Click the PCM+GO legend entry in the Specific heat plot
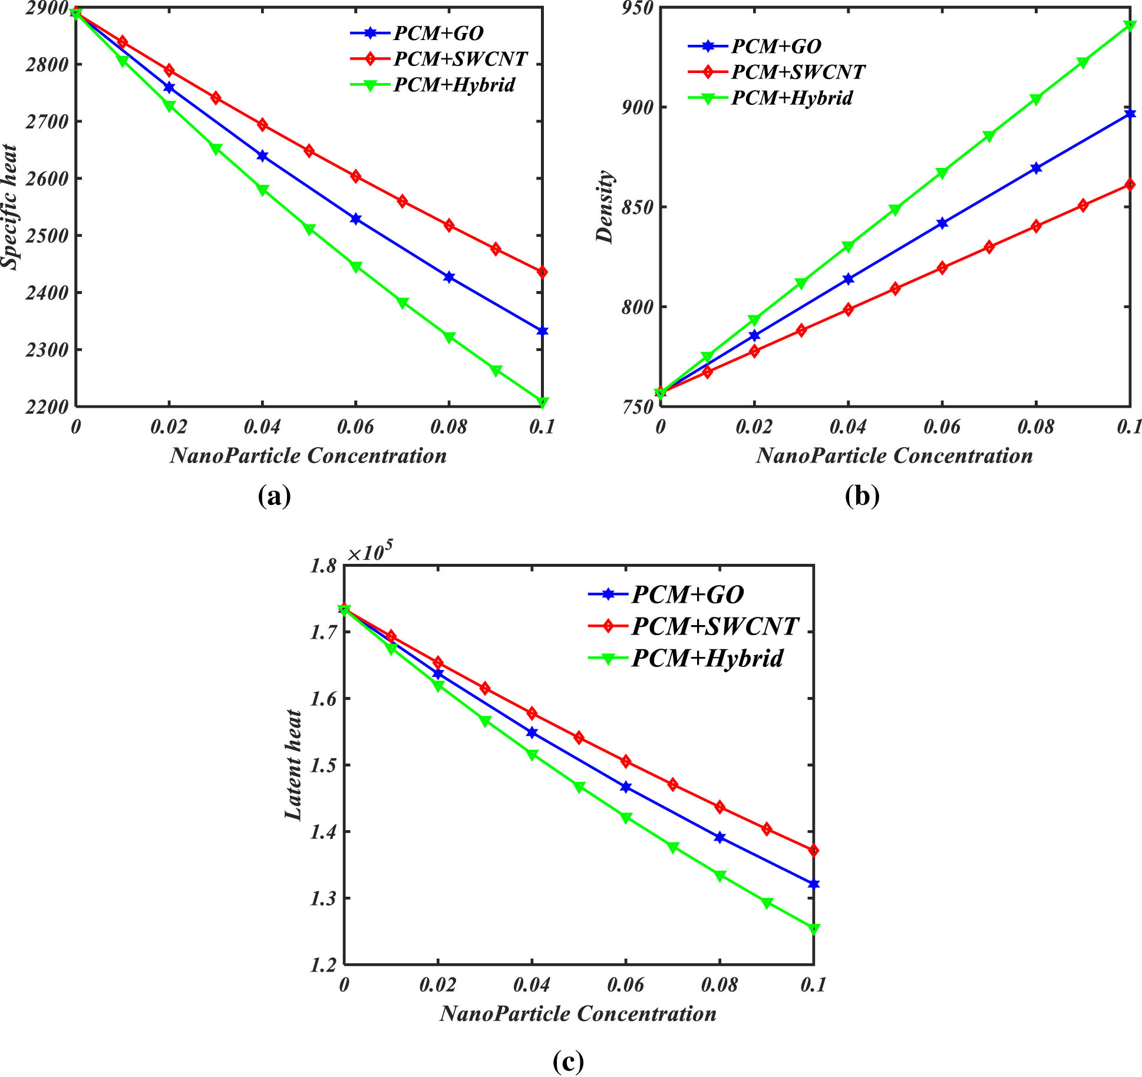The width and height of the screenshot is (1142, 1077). (x=438, y=34)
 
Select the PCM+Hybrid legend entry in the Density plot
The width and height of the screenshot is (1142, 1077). (x=791, y=98)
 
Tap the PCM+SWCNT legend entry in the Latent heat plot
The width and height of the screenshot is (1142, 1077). (x=714, y=626)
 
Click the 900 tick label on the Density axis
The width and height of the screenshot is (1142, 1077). (x=638, y=108)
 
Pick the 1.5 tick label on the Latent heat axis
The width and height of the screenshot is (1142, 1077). (x=324, y=765)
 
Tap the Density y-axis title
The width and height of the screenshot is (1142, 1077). (x=605, y=207)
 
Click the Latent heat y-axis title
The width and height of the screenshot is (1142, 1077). (x=293, y=764)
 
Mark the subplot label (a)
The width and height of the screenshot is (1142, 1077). (x=275, y=496)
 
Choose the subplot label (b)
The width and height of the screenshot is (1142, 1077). (x=862, y=496)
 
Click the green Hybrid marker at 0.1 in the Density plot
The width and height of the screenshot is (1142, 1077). (x=1130, y=25)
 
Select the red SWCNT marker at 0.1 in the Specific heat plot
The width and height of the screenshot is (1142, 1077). (x=542, y=272)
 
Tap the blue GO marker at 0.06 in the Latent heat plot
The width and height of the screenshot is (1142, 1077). (x=626, y=787)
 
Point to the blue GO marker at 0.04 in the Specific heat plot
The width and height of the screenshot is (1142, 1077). (x=262, y=156)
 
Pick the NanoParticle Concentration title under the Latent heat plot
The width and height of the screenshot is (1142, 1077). (x=577, y=1013)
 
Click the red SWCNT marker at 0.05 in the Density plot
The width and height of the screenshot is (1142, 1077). (x=895, y=289)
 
